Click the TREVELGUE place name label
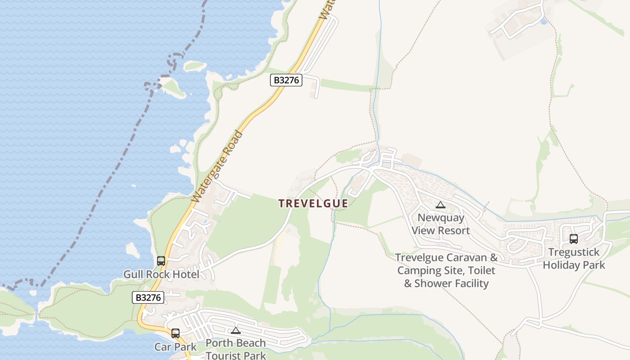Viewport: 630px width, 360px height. click(x=313, y=203)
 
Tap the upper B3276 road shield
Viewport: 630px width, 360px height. click(x=286, y=81)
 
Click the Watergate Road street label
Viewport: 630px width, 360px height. click(x=217, y=166)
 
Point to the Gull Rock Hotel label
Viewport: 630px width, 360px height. click(x=161, y=274)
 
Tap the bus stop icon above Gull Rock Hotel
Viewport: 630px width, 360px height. click(x=161, y=261)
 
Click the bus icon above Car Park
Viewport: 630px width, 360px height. click(x=175, y=333)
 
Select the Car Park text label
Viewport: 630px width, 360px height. click(x=175, y=347)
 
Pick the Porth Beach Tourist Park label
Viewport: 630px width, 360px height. click(x=236, y=349)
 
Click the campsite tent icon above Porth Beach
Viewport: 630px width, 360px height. click(x=236, y=330)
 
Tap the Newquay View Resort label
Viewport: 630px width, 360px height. click(x=441, y=224)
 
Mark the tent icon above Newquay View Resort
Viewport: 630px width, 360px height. click(x=441, y=205)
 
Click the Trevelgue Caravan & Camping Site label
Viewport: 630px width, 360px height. click(x=446, y=270)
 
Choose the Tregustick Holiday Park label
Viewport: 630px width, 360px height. click(x=574, y=259)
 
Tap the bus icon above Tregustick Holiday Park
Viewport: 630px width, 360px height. click(x=574, y=239)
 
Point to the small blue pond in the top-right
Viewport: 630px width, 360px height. click(x=544, y=21)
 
